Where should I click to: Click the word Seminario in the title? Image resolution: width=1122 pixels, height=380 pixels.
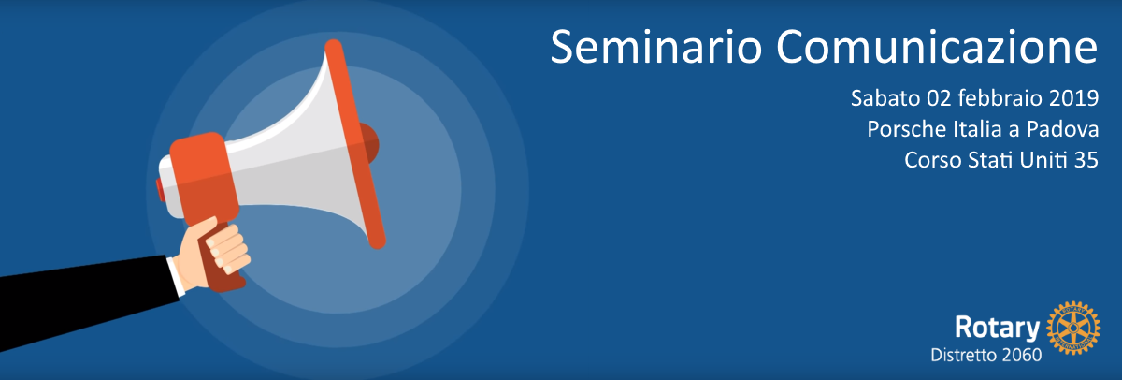tap(656, 47)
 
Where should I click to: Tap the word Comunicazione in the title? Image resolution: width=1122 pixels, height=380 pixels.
tap(937, 47)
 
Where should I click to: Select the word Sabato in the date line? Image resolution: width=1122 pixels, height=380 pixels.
tap(885, 98)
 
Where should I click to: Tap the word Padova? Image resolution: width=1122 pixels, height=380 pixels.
tap(1062, 129)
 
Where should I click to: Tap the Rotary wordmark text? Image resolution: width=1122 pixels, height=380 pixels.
tap(997, 329)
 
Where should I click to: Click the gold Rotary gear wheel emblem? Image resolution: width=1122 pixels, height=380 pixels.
tap(1073, 329)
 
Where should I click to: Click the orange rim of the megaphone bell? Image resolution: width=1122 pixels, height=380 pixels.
tap(354, 144)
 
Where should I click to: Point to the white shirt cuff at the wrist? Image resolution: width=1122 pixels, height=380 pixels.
tap(176, 277)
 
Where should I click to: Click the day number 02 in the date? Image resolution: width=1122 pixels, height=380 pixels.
tap(939, 98)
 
